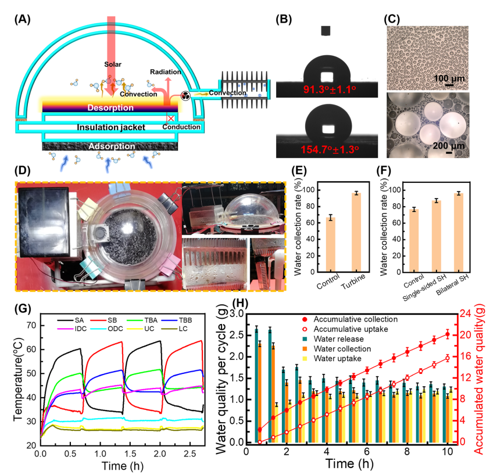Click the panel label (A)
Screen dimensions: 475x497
click(24, 18)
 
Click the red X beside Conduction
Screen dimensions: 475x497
click(171, 118)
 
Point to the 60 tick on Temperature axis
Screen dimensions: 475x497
click(31, 350)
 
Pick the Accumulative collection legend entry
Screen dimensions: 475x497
click(349, 319)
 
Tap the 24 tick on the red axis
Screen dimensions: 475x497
click(465, 314)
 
